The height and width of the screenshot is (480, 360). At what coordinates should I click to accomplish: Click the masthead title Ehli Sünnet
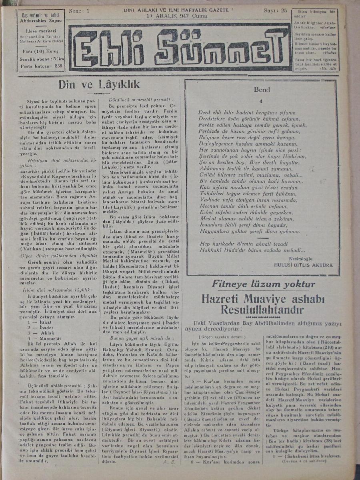point(179,47)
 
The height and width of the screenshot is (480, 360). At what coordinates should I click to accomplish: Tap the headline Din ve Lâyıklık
point(99,84)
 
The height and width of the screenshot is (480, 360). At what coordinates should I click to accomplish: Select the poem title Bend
point(262,90)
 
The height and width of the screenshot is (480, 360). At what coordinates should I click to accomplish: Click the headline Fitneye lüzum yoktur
point(263,284)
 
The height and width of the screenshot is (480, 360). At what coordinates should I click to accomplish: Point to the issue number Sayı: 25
point(275,11)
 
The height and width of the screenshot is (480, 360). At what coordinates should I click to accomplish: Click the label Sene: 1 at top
point(79,11)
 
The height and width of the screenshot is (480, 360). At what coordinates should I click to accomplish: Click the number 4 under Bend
point(260,101)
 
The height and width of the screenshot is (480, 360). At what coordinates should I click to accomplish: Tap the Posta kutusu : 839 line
point(41,66)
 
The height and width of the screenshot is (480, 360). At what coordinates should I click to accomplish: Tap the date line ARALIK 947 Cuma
point(182,16)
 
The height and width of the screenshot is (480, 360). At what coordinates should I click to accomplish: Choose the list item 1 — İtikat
point(40,321)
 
